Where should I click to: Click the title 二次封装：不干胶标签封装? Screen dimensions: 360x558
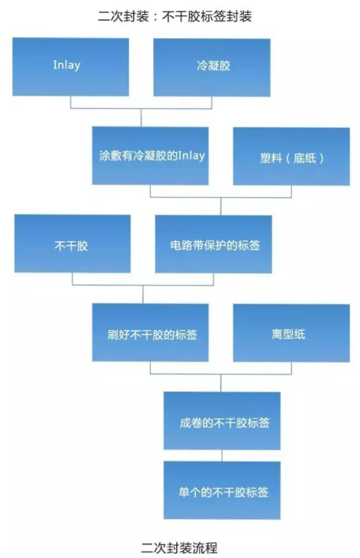pyautogui.click(x=175, y=16)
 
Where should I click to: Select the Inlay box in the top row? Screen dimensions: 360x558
pyautogui.click(x=70, y=67)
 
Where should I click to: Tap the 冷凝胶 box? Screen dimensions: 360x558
pyautogui.click(x=212, y=67)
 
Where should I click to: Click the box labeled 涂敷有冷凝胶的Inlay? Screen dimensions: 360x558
pyautogui.click(x=150, y=156)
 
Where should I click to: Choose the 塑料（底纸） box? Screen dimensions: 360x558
pyautogui.click(x=291, y=156)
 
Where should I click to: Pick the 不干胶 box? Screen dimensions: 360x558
pyautogui.click(x=72, y=244)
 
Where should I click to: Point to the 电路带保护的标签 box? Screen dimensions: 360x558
pyautogui.click(x=213, y=245)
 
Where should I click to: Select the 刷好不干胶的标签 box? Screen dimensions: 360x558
pyautogui.click(x=150, y=333)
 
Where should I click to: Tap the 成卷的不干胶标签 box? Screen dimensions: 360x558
pyautogui.click(x=222, y=421)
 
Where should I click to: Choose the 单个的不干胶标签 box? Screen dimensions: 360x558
pyautogui.click(x=222, y=491)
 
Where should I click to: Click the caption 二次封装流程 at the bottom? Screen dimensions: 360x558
pyautogui.click(x=179, y=548)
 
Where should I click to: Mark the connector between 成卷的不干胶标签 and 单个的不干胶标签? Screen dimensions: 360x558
pyautogui.click(x=222, y=456)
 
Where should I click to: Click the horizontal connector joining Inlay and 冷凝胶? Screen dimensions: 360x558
pyautogui.click(x=141, y=108)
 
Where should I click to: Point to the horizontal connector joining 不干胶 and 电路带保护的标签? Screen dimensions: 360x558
pyautogui.click(x=143, y=285)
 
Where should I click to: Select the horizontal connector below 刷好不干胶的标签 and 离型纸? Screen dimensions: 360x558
pyautogui.click(x=221, y=374)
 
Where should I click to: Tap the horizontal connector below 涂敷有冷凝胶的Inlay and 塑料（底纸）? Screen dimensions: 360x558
pyautogui.click(x=221, y=197)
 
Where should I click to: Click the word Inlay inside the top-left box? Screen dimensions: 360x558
pyautogui.click(x=67, y=65)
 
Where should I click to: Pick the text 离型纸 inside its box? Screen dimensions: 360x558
pyautogui.click(x=288, y=334)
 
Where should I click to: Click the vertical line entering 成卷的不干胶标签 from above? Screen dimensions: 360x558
pyautogui.click(x=221, y=383)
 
